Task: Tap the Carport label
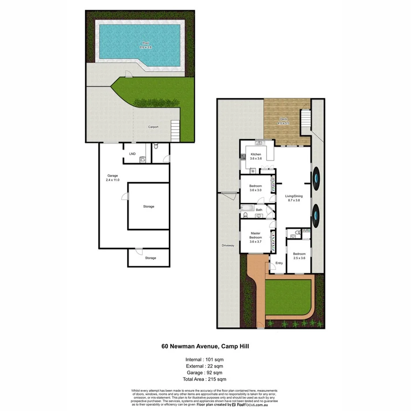153,127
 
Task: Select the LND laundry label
132,154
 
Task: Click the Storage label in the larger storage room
149,206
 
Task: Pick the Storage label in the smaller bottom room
150,258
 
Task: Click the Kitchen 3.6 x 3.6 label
256,157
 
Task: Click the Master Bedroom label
256,237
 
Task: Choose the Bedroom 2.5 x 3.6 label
299,256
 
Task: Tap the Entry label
279,263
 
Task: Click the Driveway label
228,245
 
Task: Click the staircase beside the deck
306,118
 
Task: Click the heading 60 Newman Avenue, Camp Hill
205,347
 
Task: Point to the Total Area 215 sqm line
205,379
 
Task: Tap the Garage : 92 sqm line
205,373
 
